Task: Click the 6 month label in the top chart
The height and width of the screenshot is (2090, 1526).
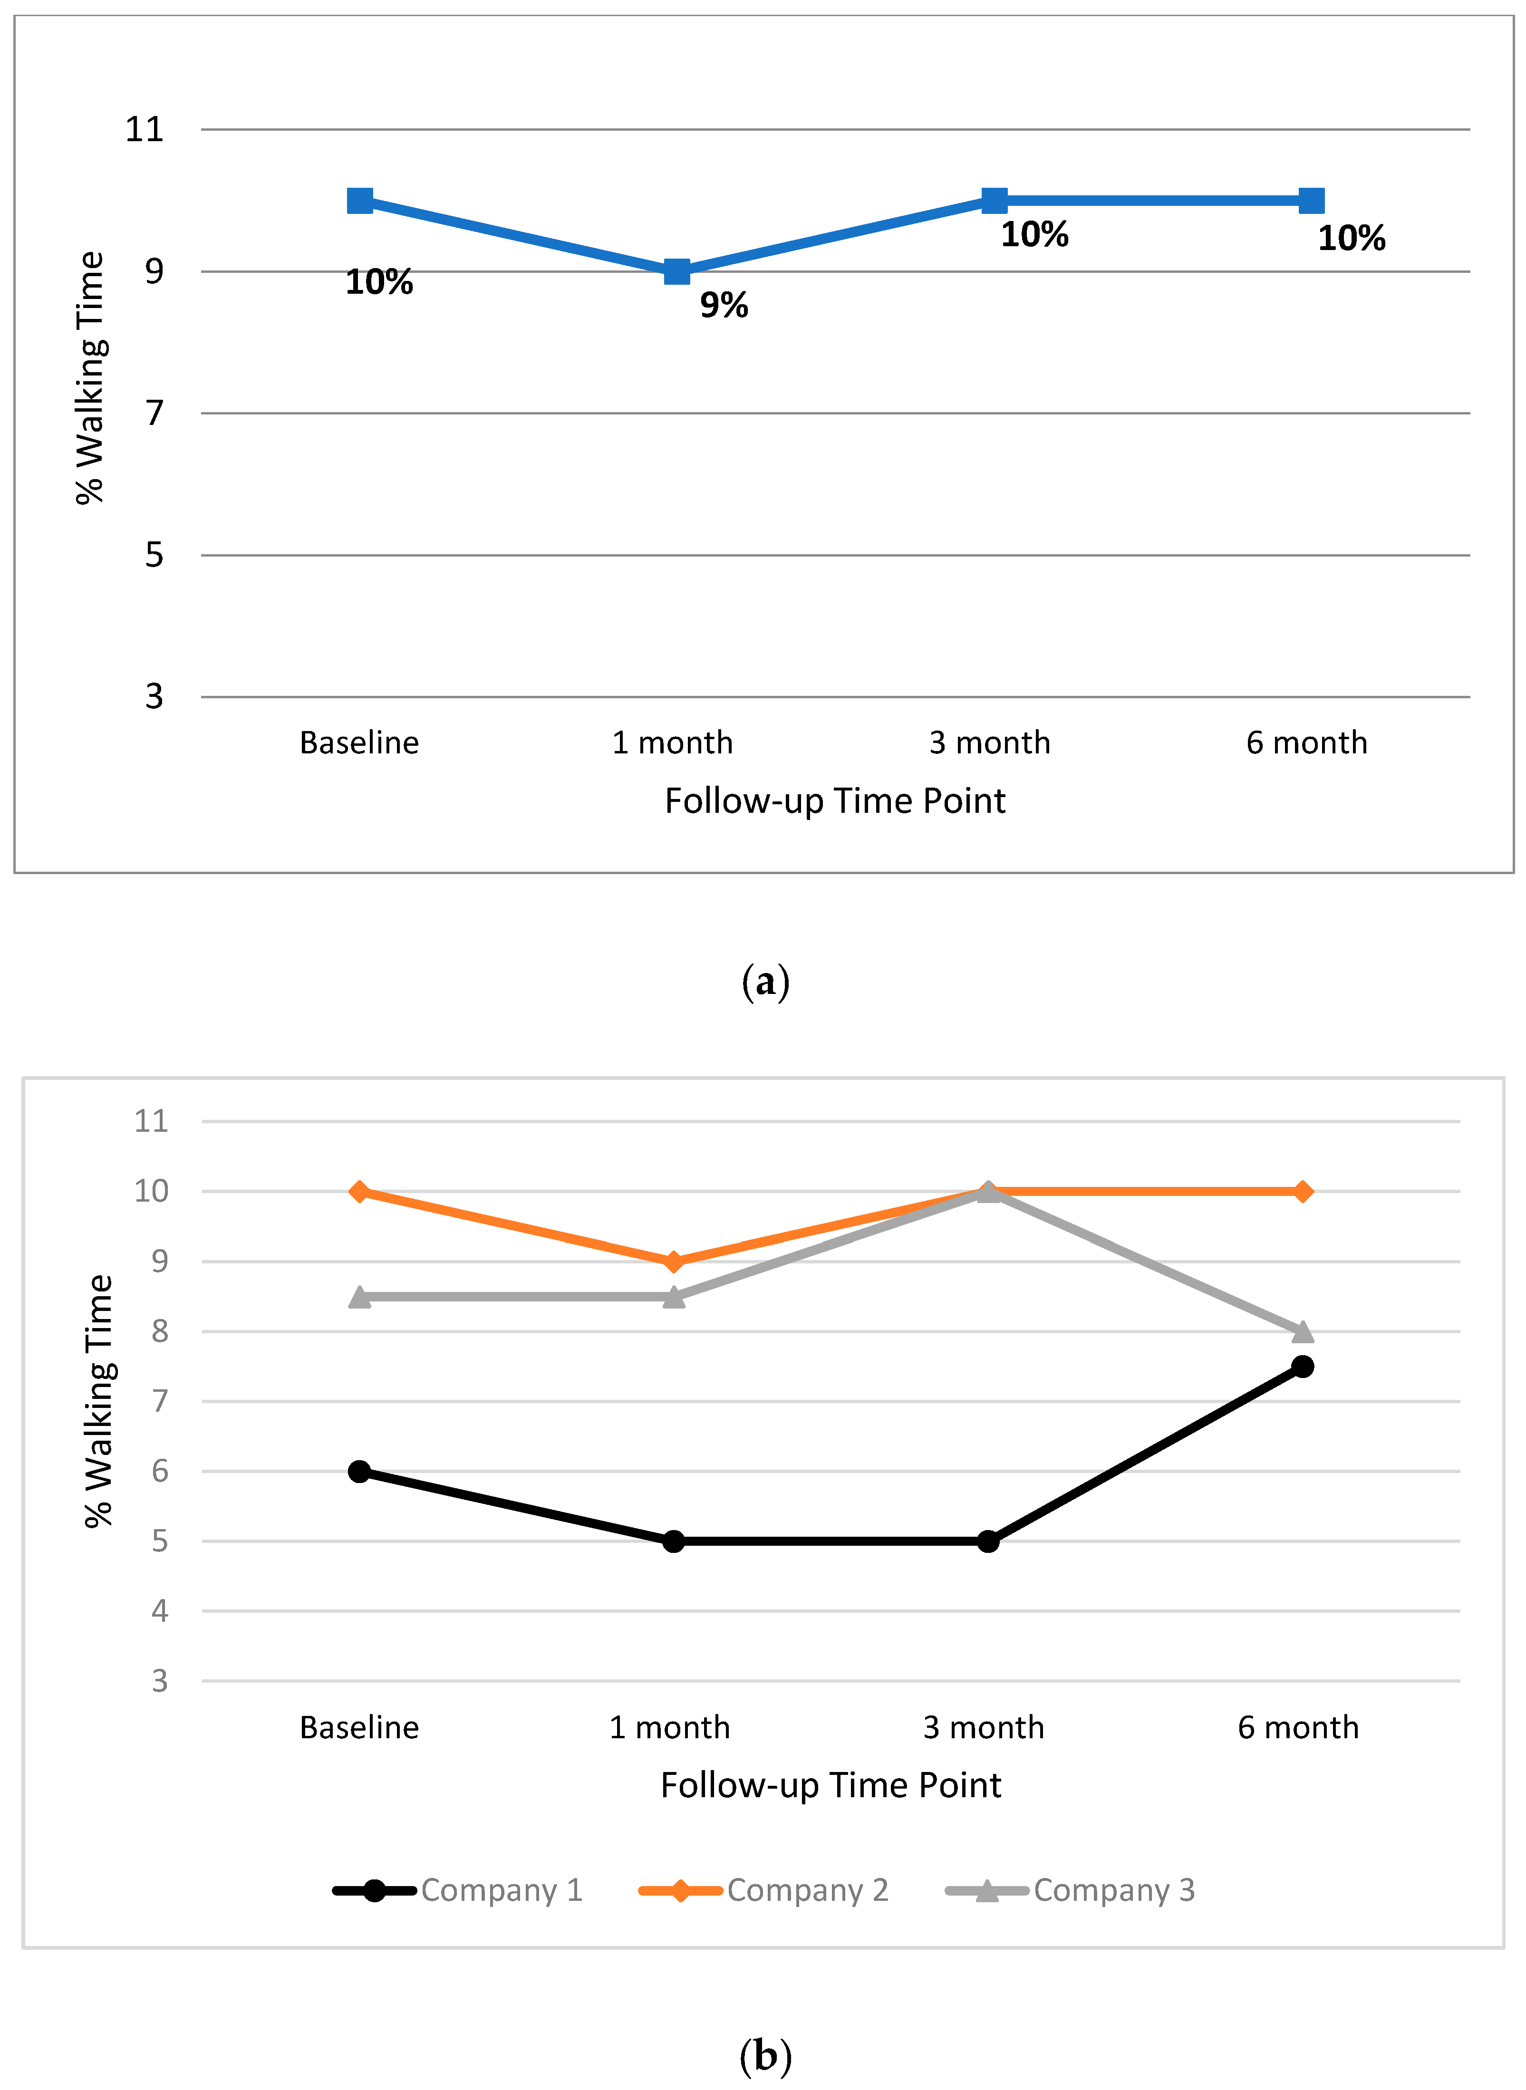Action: [1306, 742]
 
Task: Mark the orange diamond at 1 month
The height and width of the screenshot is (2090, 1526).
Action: [674, 1262]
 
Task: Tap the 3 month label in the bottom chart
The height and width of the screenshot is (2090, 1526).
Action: [984, 1727]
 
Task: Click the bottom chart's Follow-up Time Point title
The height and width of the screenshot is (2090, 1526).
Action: [831, 1785]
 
